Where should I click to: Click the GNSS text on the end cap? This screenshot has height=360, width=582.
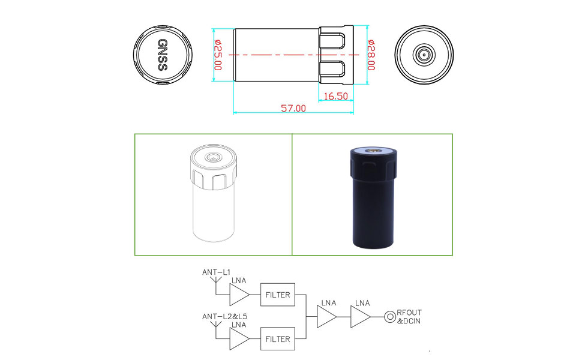point(163,55)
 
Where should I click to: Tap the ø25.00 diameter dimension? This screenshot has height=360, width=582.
point(218,55)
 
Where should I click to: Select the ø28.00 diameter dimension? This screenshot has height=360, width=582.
point(371,55)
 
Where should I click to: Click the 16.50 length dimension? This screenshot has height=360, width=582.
point(336,96)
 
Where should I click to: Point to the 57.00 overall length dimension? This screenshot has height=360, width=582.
point(293,109)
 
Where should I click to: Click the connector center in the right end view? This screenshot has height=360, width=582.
point(424,55)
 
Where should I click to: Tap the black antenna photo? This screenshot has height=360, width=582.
point(373,198)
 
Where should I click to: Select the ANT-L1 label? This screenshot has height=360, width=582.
point(217,272)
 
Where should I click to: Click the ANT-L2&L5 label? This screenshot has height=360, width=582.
point(224,317)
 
